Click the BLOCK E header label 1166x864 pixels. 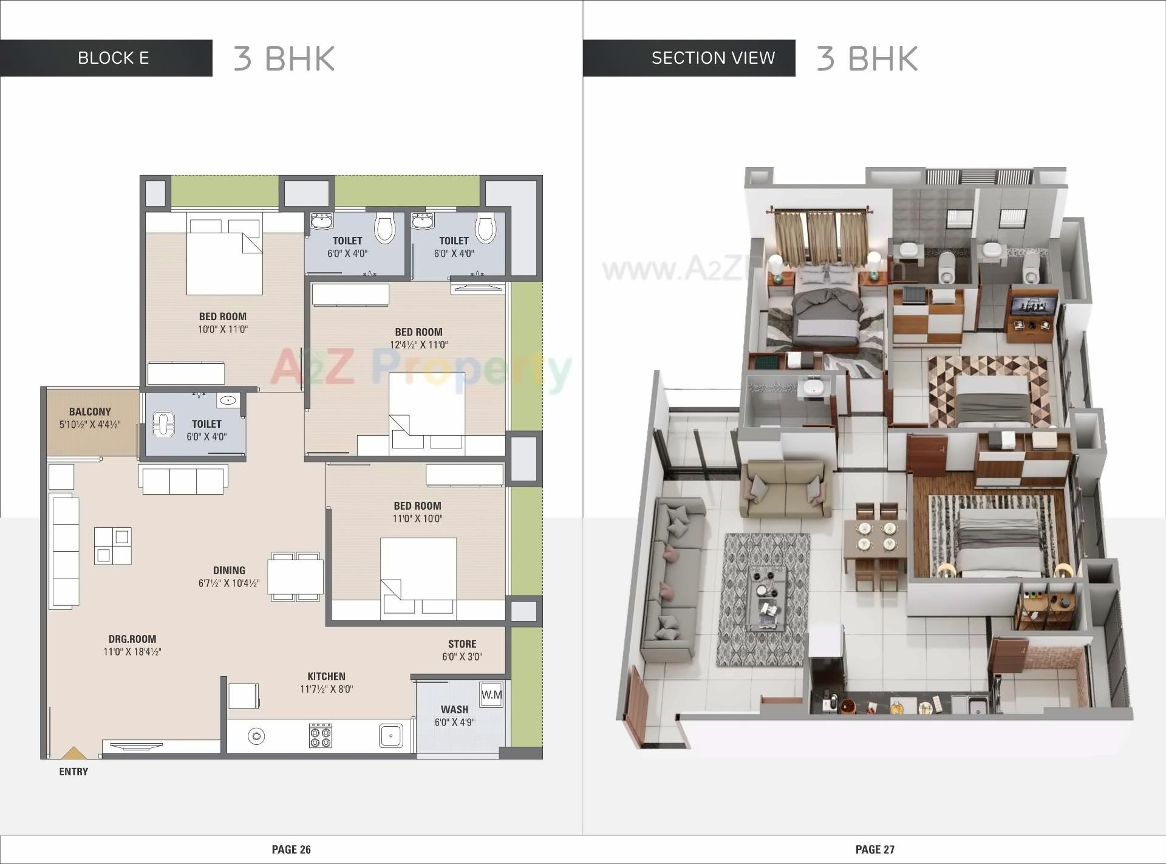pos(113,58)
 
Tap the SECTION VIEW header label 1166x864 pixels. pos(713,58)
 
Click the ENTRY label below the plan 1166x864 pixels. pos(73,772)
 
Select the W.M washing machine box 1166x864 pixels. pos(491,694)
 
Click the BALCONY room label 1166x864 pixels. pos(90,412)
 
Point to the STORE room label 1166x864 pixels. pos(462,644)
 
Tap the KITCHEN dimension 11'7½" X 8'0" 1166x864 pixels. pos(326,689)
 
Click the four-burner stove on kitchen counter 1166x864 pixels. pos(320,735)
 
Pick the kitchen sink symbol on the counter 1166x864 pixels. pos(390,736)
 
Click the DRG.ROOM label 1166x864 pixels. pos(132,639)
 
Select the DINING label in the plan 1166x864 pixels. pos(229,571)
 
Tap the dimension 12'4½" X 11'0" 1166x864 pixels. pos(418,345)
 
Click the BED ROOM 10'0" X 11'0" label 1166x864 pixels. pos(223,317)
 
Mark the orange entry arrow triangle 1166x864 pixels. pos(73,753)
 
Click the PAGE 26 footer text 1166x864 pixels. pos(291,849)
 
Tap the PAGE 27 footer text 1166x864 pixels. pos(874,849)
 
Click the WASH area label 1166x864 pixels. pos(454,710)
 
